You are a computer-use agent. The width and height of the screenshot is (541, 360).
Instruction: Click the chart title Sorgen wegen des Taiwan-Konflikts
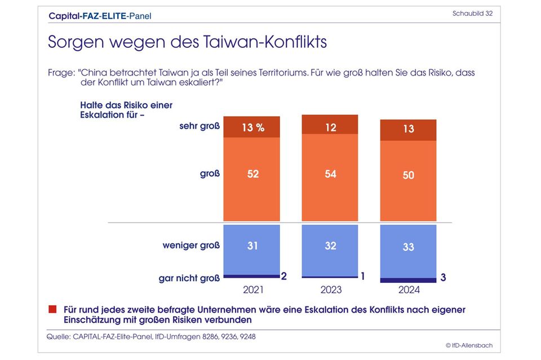coord(187,42)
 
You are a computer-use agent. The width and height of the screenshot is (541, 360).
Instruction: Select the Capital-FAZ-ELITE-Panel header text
coord(100,16)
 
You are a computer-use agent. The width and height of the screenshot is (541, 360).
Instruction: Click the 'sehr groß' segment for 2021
coord(252,127)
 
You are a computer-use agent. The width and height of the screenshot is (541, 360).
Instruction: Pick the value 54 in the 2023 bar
coord(330,174)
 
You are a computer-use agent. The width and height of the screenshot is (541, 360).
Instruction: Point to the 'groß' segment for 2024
coord(408,180)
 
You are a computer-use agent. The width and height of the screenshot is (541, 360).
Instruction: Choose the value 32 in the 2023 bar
coord(330,246)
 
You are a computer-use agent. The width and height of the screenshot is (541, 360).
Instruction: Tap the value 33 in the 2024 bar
coord(408,247)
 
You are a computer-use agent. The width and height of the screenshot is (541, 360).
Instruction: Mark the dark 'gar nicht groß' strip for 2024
coord(408,280)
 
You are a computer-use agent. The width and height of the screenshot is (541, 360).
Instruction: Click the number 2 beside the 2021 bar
coord(284,276)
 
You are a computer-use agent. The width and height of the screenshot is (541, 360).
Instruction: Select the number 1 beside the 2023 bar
coord(362,276)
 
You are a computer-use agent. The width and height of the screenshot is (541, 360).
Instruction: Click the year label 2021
coord(252,291)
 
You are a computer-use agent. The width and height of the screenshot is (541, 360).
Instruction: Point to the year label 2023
coord(330,291)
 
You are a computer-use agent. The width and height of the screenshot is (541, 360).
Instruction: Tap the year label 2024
coord(408,291)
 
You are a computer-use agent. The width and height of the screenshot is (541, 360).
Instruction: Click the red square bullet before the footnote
coord(52,309)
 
